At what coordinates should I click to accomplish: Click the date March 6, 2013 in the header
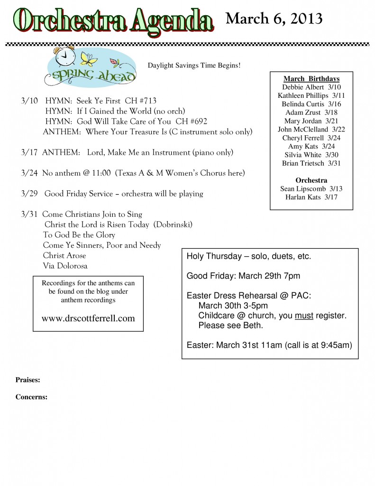[274, 19]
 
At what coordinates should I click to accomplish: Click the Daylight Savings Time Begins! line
[194, 65]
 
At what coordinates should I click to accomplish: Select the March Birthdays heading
[311, 78]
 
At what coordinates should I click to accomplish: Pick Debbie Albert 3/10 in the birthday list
[311, 87]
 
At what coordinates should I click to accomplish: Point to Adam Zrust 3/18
[311, 112]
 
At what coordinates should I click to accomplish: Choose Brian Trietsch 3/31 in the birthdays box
[311, 163]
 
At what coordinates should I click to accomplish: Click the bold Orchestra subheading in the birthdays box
[311, 180]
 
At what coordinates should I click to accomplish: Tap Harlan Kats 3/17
[311, 197]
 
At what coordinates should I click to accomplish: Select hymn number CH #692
[191, 121]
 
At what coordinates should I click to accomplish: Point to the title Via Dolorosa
[65, 266]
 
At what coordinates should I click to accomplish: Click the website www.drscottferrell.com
[88, 318]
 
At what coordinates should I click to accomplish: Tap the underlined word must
[304, 316]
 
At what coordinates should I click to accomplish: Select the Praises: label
[27, 380]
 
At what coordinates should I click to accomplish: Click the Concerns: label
[31, 397]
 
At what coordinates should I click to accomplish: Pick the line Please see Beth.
[230, 326]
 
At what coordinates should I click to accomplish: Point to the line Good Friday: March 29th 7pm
[243, 276]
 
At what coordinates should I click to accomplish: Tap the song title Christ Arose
[64, 255]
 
